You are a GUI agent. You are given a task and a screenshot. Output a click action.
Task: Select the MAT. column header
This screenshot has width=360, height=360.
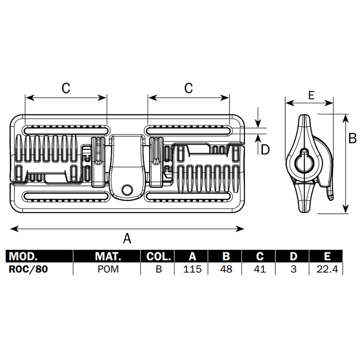pyautogui.click(x=108, y=256)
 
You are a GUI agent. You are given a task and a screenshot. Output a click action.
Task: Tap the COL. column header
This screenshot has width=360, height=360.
pyautogui.click(x=158, y=256)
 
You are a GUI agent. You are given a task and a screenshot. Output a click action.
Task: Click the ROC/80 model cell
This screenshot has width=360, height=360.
pyautogui.click(x=28, y=269)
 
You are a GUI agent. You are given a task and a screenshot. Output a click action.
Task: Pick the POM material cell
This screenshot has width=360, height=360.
pyautogui.click(x=108, y=269)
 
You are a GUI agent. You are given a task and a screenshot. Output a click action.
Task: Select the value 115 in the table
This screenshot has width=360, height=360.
pyautogui.click(x=192, y=269)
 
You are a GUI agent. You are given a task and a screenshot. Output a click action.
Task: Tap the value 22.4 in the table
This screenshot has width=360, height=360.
pyautogui.click(x=327, y=269)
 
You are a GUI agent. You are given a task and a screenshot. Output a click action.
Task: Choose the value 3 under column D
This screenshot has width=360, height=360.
pyautogui.click(x=293, y=269)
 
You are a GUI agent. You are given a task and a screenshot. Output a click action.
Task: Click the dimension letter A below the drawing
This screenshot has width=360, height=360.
pyautogui.click(x=127, y=238)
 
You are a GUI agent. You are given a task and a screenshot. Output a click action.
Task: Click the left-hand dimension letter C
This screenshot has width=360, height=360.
pyautogui.click(x=66, y=88)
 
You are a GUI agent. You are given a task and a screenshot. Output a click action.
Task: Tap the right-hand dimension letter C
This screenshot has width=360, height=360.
pyautogui.click(x=189, y=88)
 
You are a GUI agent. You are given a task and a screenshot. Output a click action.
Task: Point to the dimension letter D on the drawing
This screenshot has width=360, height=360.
pyautogui.click(x=265, y=149)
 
